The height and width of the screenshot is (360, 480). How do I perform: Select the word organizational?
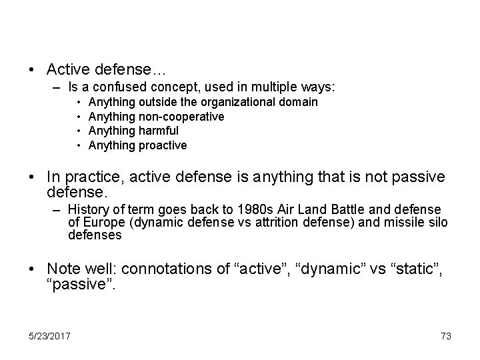[x=241, y=103]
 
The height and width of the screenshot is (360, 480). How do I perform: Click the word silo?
[x=437, y=223]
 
